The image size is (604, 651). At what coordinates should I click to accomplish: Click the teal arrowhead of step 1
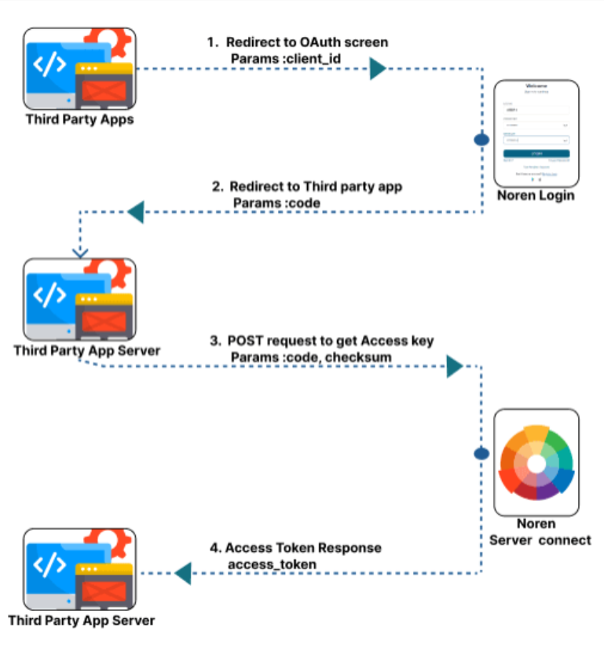(x=378, y=70)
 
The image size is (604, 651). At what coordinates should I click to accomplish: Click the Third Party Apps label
(x=79, y=119)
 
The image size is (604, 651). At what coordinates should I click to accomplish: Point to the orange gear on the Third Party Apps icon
(x=106, y=40)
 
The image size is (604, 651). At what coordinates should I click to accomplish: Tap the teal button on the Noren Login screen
(x=536, y=154)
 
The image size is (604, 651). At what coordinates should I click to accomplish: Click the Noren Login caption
(x=536, y=196)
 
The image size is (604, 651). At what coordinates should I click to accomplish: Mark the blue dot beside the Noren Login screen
(x=481, y=140)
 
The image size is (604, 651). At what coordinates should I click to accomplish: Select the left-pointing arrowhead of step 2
(x=135, y=210)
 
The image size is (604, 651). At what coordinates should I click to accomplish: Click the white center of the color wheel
(x=537, y=463)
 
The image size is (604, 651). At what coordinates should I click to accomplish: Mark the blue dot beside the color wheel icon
(x=481, y=453)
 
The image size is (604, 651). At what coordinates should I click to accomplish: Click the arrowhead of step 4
(x=182, y=573)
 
